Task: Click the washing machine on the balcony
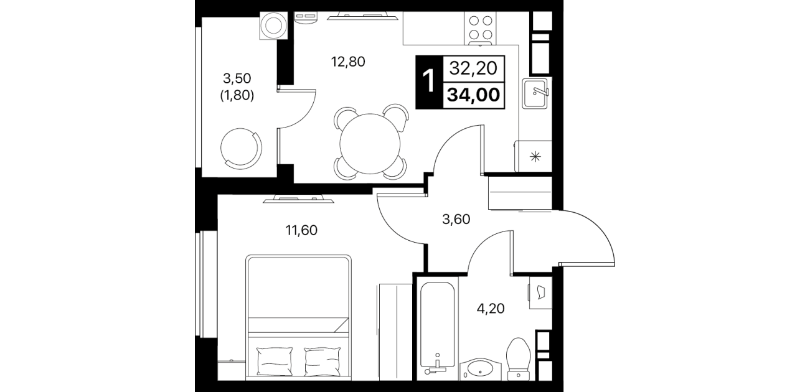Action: (x=274, y=26)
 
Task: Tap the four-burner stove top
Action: (x=480, y=28)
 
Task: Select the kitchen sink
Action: (x=535, y=93)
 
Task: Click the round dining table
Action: (x=370, y=144)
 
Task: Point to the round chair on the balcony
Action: (x=241, y=149)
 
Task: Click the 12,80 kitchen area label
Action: (x=348, y=62)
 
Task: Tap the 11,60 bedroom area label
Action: (x=301, y=230)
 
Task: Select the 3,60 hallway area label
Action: (x=456, y=219)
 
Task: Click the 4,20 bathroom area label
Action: (x=491, y=309)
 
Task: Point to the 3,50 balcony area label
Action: (x=237, y=78)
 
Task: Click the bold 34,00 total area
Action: (x=473, y=95)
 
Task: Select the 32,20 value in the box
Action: (x=473, y=68)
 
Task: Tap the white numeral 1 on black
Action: (x=429, y=82)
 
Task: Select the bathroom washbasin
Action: (x=480, y=369)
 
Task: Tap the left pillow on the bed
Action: (x=275, y=362)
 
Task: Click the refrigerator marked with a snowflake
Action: (x=534, y=156)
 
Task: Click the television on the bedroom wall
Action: (x=298, y=198)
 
